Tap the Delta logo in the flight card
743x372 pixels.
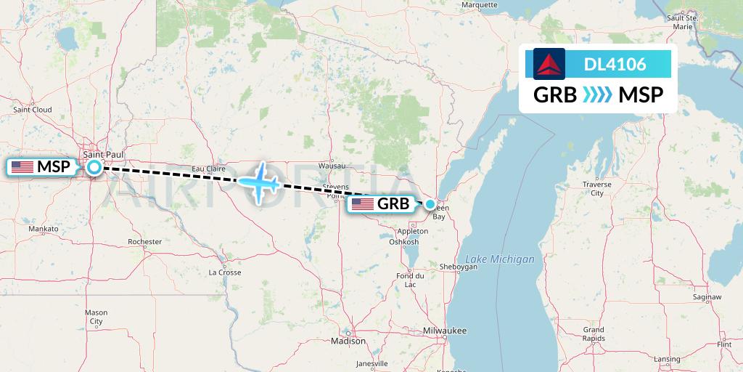point(549,64)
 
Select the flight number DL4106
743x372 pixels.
point(615,65)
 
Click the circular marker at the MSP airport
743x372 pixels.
point(94,168)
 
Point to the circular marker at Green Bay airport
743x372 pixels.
point(430,204)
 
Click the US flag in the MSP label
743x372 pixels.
point(22,167)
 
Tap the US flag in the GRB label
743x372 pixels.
point(363,204)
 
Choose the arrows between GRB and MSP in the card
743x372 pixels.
point(597,95)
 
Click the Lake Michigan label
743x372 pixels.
point(499,259)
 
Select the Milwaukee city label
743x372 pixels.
point(446,331)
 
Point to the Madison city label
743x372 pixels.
point(348,341)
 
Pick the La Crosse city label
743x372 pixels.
point(225,272)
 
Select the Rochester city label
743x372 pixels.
point(144,241)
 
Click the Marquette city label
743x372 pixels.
point(480,4)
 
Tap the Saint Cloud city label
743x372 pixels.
point(33,110)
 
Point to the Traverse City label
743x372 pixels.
point(596,189)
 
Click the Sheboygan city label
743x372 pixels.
point(458,267)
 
